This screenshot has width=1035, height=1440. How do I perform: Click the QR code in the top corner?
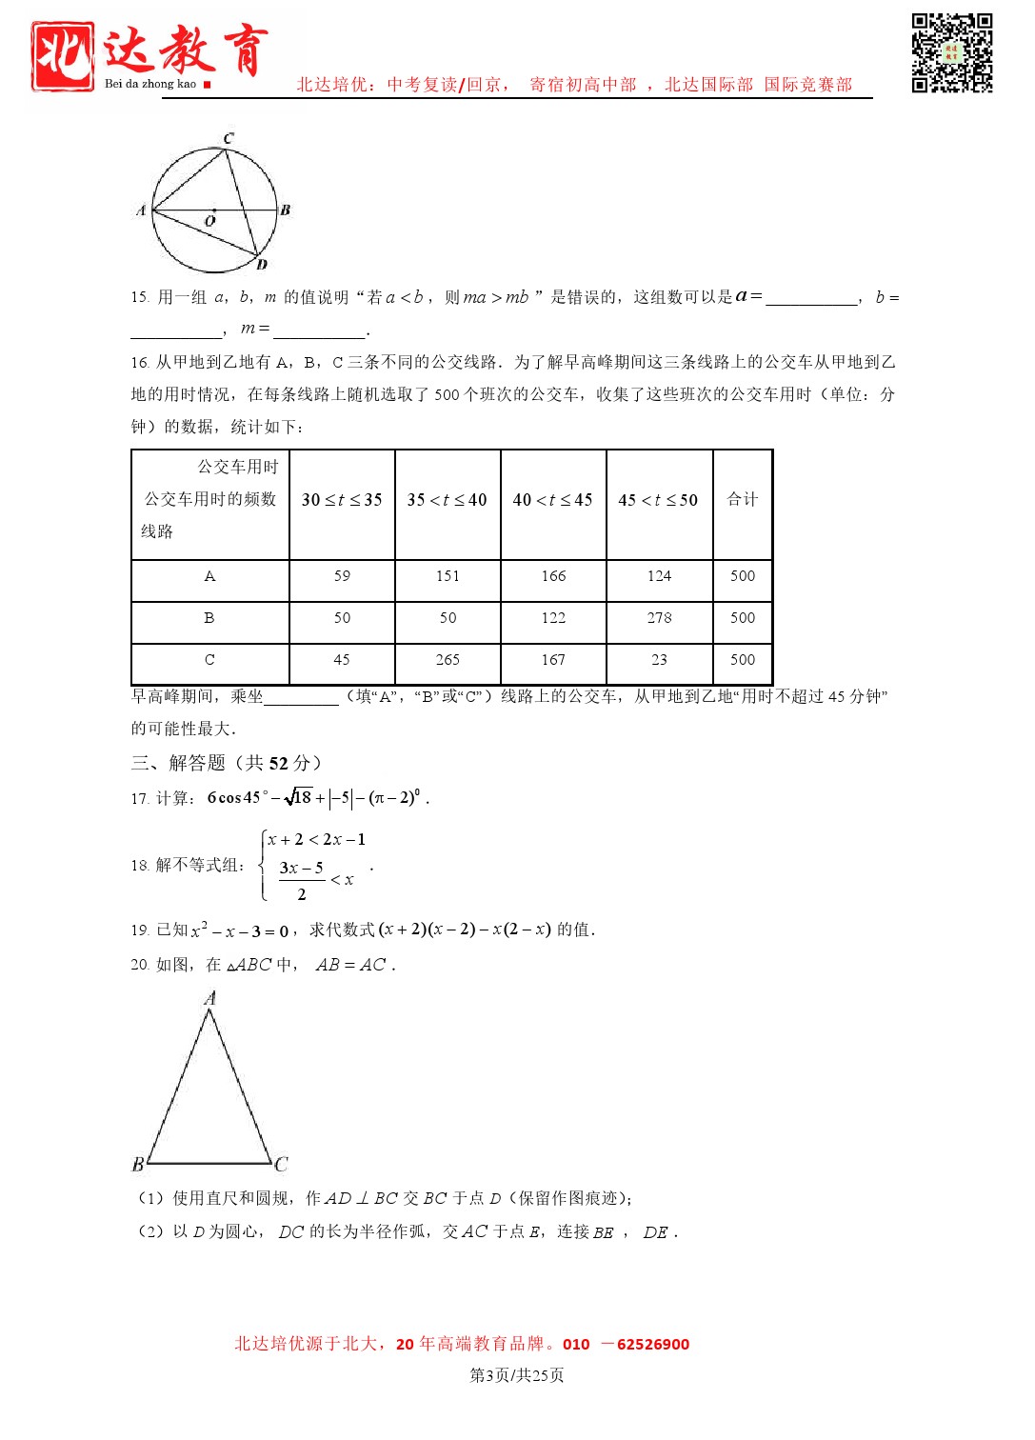pyautogui.click(x=951, y=52)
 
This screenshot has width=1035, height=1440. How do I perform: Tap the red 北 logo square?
pyautogui.click(x=62, y=56)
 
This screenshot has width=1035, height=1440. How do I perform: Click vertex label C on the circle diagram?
pyautogui.click(x=229, y=138)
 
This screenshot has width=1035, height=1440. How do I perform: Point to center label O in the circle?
pyautogui.click(x=210, y=221)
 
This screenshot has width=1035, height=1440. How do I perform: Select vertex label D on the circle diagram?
pyautogui.click(x=262, y=265)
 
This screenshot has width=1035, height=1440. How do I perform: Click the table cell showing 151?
pyautogui.click(x=448, y=576)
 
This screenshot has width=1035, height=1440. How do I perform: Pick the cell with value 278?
pyautogui.click(x=659, y=618)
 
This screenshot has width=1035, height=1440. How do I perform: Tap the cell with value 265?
pyautogui.click(x=448, y=660)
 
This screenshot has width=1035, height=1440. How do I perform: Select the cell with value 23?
pyautogui.click(x=659, y=660)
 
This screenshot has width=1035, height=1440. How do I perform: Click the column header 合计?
pyautogui.click(x=743, y=499)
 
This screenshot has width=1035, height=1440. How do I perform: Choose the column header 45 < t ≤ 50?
pyautogui.click(x=658, y=500)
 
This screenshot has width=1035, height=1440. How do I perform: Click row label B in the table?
pyautogui.click(x=209, y=618)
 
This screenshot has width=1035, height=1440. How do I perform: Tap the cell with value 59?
pyautogui.click(x=342, y=576)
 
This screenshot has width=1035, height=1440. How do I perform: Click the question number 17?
pyautogui.click(x=139, y=799)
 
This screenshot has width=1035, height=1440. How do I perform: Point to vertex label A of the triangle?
pyautogui.click(x=210, y=998)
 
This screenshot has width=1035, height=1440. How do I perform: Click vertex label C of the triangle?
pyautogui.click(x=281, y=1164)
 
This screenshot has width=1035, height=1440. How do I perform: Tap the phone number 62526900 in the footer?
pyautogui.click(x=653, y=1345)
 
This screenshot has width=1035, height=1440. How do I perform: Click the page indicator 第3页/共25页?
pyautogui.click(x=517, y=1375)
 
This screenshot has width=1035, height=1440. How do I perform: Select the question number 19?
pyautogui.click(x=139, y=930)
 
